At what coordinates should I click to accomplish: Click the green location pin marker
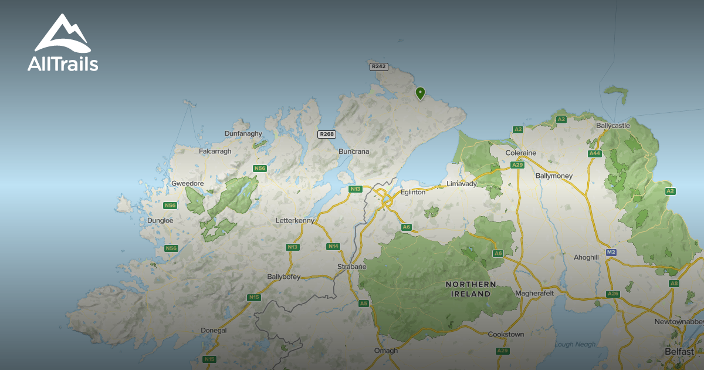[420, 93]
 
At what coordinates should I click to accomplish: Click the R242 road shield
[379, 67]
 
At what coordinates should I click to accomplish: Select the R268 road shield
[326, 134]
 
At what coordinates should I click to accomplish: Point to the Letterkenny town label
[295, 221]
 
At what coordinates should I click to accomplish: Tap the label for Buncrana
[354, 152]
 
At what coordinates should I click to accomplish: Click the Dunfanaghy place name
[243, 134]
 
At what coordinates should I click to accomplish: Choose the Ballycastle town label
[612, 126]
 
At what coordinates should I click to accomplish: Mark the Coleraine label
[521, 153]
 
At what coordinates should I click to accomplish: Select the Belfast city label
[679, 351]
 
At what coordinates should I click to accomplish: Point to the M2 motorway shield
[611, 252]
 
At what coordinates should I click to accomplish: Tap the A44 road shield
[595, 154]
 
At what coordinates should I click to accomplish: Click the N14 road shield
[333, 246]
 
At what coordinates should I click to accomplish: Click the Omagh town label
[386, 351]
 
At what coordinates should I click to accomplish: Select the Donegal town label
[214, 331]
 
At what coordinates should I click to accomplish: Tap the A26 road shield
[613, 294]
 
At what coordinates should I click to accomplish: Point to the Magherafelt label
[534, 293]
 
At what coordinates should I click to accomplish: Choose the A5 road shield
[364, 304]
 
